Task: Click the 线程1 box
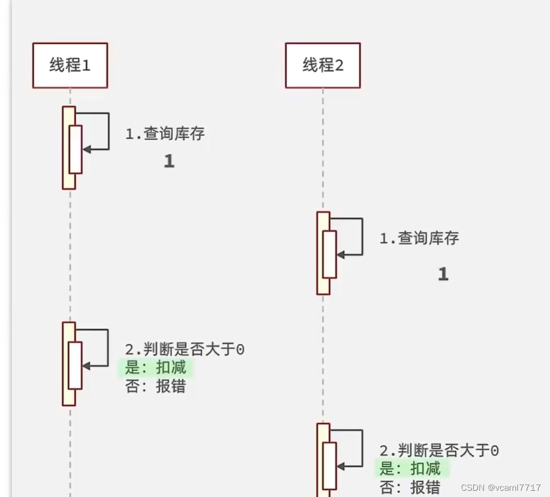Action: pyautogui.click(x=70, y=65)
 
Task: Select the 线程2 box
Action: pyautogui.click(x=323, y=65)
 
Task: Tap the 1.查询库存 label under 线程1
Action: pyautogui.click(x=165, y=134)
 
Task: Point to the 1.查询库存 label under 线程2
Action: pyautogui.click(x=419, y=238)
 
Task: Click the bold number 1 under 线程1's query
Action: pyautogui.click(x=169, y=162)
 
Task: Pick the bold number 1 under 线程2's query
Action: pyautogui.click(x=443, y=274)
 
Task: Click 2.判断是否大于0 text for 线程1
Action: pyautogui.click(x=185, y=350)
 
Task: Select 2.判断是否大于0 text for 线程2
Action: pyautogui.click(x=439, y=450)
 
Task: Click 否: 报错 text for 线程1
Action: pyautogui.click(x=156, y=386)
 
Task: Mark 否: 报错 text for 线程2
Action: pyautogui.click(x=410, y=486)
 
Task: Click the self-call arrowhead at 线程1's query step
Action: pyautogui.click(x=86, y=149)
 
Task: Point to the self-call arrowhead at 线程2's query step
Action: pyautogui.click(x=341, y=254)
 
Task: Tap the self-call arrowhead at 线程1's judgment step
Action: pyautogui.click(x=86, y=366)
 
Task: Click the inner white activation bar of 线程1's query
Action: pyautogui.click(x=75, y=149)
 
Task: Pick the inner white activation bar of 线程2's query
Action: pyautogui.click(x=330, y=254)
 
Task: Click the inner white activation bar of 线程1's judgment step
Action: pyautogui.click(x=75, y=365)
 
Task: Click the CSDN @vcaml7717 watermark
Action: pyautogui.click(x=501, y=488)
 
